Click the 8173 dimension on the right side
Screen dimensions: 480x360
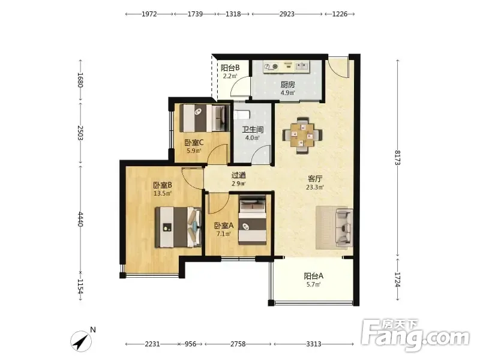(x=398, y=158)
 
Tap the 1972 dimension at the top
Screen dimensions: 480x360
(x=149, y=14)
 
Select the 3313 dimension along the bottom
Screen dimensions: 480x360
(x=314, y=344)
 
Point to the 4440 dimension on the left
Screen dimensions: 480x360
(x=80, y=219)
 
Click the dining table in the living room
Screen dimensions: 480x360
(x=302, y=134)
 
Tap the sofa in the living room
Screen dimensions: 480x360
(x=344, y=227)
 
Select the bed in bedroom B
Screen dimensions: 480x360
(x=178, y=227)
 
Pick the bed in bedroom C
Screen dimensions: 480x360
(x=205, y=118)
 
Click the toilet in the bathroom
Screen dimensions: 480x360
(x=242, y=115)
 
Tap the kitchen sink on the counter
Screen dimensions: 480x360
(x=302, y=66)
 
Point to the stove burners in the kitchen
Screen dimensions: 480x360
(x=271, y=67)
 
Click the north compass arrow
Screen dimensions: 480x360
(x=81, y=341)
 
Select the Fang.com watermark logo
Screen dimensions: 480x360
(x=415, y=335)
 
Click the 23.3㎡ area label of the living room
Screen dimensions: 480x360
(x=315, y=187)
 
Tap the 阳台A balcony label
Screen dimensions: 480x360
(x=313, y=276)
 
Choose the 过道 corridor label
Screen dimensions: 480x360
(x=238, y=175)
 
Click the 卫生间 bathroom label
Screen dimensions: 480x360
(x=253, y=130)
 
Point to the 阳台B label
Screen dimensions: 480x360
(x=230, y=68)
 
